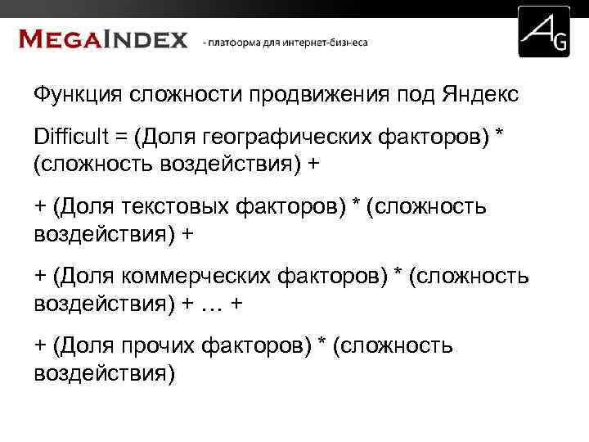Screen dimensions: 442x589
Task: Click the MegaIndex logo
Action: (103, 38)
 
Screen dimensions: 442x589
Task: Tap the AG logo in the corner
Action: (544, 32)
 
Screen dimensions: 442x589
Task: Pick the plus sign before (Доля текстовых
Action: (40, 208)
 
